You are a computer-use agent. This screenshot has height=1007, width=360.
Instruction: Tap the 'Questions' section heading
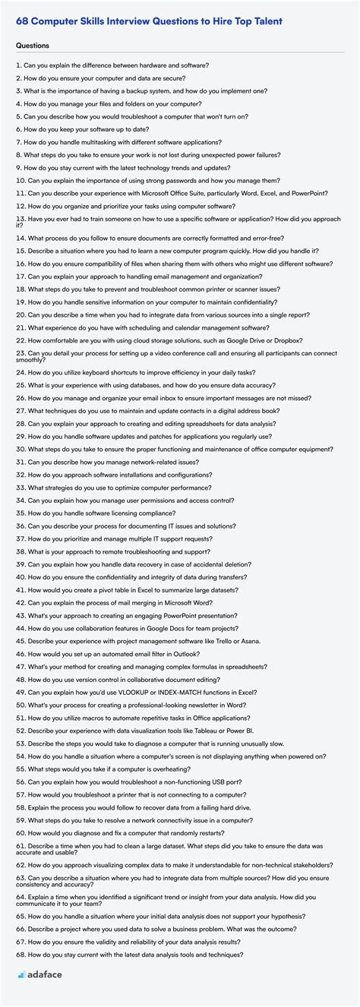pyautogui.click(x=32, y=46)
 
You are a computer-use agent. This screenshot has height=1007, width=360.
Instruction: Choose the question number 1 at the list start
pyautogui.click(x=17, y=65)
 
